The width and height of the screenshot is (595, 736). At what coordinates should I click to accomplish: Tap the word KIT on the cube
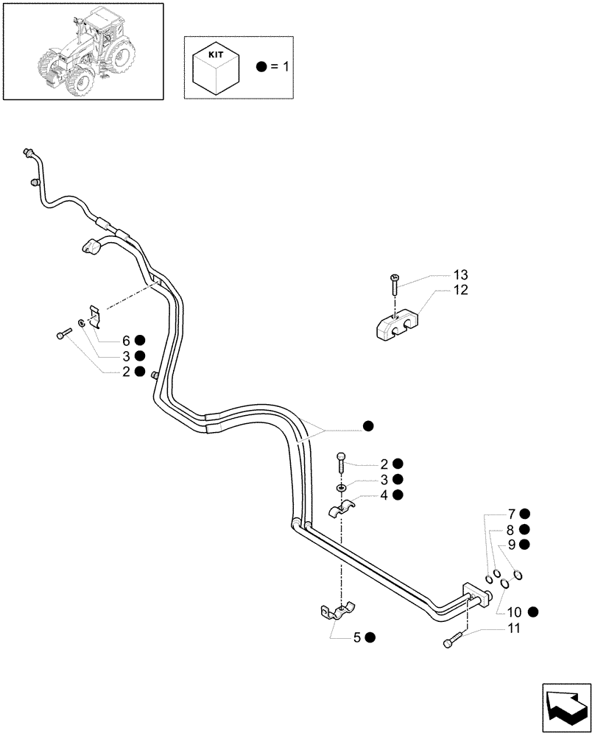click(x=214, y=55)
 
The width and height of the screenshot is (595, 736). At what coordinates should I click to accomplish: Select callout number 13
click(x=460, y=275)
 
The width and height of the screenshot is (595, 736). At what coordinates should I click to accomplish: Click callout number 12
click(x=460, y=290)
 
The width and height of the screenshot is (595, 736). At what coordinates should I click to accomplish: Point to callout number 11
click(x=513, y=628)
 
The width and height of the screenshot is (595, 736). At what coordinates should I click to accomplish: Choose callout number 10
click(x=513, y=612)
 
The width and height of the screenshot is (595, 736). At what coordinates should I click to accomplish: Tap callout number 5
click(x=357, y=638)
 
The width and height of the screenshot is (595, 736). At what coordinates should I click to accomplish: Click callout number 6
click(x=126, y=341)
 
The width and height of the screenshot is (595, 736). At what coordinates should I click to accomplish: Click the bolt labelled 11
click(x=451, y=640)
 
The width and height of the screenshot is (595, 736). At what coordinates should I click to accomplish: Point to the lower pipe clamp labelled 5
click(x=338, y=610)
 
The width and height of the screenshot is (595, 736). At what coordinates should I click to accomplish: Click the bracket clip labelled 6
click(x=94, y=317)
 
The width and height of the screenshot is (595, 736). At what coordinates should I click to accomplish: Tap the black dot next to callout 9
click(x=524, y=545)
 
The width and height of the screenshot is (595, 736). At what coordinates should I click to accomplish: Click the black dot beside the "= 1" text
click(x=261, y=66)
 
